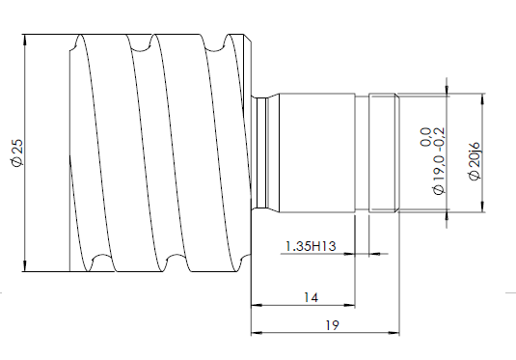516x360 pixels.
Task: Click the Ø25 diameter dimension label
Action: click(x=17, y=152)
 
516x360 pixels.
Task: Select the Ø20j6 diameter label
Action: click(x=475, y=161)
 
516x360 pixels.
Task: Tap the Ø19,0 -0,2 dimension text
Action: click(x=439, y=161)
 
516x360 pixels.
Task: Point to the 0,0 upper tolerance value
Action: click(x=426, y=137)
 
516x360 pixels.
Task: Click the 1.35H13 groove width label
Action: click(x=311, y=246)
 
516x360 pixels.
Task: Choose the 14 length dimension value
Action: click(x=311, y=298)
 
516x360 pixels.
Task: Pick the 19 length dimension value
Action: click(x=332, y=325)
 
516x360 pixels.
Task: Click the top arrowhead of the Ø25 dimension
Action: click(x=25, y=40)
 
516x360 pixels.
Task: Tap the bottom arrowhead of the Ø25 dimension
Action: click(x=25, y=266)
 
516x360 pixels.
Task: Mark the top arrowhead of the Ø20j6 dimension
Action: click(x=482, y=98)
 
